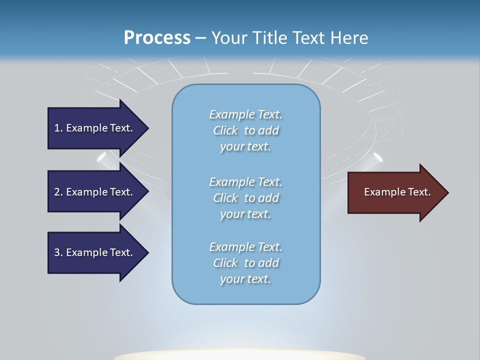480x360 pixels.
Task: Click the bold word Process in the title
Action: click(157, 38)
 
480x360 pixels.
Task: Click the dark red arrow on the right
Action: click(395, 192)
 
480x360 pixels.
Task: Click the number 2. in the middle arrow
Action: click(58, 192)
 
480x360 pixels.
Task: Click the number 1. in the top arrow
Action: click(58, 128)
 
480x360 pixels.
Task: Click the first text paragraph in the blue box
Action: click(245, 130)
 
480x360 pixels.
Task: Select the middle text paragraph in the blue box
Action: click(245, 198)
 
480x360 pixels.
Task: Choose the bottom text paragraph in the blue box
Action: click(245, 263)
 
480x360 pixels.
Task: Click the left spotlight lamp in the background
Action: click(102, 157)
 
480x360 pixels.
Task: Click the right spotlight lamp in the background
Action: click(378, 157)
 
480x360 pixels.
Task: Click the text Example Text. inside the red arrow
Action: click(397, 192)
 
